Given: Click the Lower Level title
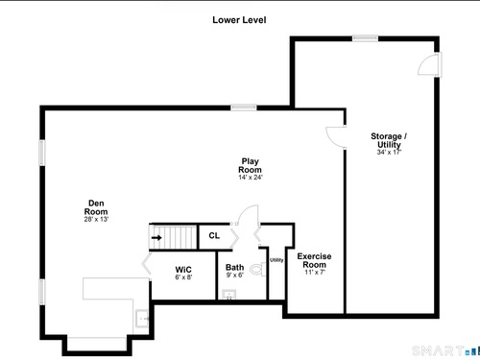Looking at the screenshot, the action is (x=239, y=20).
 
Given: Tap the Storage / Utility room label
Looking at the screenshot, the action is (x=389, y=140).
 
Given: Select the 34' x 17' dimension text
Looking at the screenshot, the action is (x=389, y=153).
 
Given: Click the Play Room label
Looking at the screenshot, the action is (x=250, y=165).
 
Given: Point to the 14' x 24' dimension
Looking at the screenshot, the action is (x=251, y=178).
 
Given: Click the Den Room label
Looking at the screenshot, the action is (x=96, y=207).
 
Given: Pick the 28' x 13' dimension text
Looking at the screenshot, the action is (x=96, y=219).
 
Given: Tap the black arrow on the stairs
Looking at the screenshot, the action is (x=156, y=237).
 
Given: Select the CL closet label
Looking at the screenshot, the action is (x=214, y=236).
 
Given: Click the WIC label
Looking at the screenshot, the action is (x=183, y=270).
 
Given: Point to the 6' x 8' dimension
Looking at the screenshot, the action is (x=183, y=277).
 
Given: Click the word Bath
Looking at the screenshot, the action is (x=234, y=267).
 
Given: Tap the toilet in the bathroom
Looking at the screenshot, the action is (x=258, y=269).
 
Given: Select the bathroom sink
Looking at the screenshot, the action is (x=229, y=295).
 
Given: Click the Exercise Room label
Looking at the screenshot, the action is (x=314, y=260).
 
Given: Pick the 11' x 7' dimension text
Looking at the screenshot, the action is (x=315, y=273).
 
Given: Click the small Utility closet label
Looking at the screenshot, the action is (x=276, y=260).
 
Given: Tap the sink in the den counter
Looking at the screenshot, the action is (x=142, y=319).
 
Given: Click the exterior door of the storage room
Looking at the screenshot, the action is (x=430, y=64).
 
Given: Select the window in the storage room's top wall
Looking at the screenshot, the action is (x=365, y=38).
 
